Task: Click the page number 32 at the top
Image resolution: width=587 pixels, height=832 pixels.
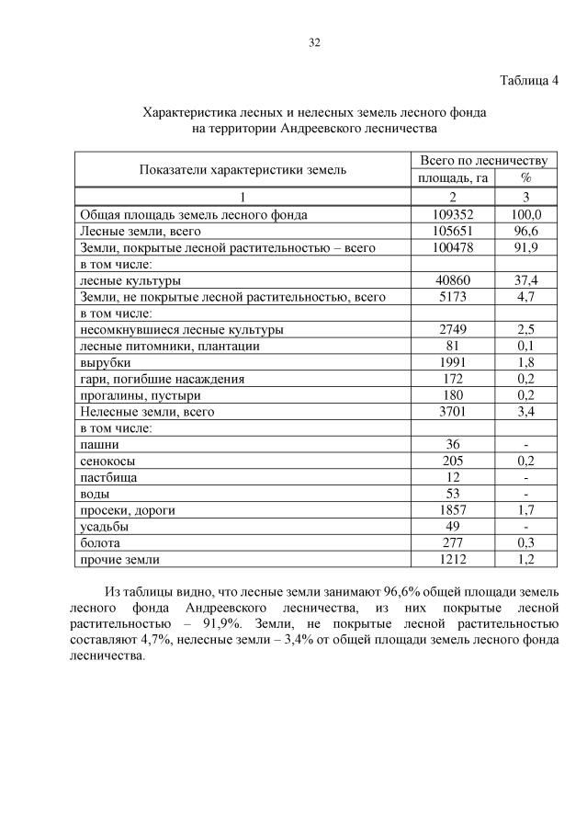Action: [314, 42]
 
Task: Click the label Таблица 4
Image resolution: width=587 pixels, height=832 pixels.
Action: [528, 80]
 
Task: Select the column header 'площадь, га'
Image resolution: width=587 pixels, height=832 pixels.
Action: [453, 177]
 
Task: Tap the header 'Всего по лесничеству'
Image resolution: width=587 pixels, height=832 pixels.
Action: [483, 160]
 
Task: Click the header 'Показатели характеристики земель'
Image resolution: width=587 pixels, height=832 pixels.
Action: [243, 169]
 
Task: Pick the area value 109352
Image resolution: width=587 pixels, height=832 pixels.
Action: [453, 214]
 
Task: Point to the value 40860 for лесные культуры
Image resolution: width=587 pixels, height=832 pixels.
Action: [453, 280]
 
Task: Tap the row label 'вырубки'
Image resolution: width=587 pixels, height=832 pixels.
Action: [106, 362]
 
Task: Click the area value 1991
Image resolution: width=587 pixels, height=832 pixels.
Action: [453, 362]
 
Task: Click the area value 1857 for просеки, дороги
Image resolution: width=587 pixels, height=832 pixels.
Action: [453, 509]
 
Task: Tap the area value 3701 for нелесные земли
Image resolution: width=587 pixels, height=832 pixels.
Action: [453, 412]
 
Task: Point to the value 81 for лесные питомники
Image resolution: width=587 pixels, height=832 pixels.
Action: [453, 346]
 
